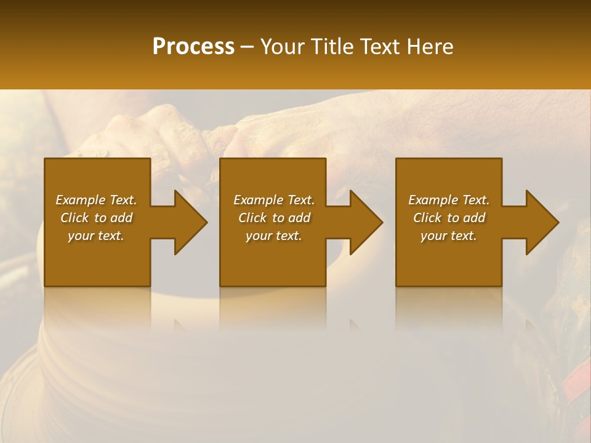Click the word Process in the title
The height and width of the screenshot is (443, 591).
click(193, 47)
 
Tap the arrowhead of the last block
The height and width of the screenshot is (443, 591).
click(541, 222)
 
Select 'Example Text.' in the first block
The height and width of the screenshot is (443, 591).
click(96, 200)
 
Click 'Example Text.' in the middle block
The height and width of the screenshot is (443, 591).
click(274, 200)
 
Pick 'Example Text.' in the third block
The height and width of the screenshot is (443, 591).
click(449, 200)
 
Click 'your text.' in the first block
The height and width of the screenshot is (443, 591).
click(96, 236)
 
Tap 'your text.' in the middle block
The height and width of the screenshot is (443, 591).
click(274, 236)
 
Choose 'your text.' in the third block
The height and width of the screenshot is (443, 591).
click(449, 236)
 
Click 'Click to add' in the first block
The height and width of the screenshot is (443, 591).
click(96, 218)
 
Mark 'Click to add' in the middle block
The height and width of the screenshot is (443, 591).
click(274, 218)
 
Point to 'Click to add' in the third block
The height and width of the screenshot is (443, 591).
click(449, 218)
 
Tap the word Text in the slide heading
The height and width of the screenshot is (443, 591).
click(377, 47)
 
